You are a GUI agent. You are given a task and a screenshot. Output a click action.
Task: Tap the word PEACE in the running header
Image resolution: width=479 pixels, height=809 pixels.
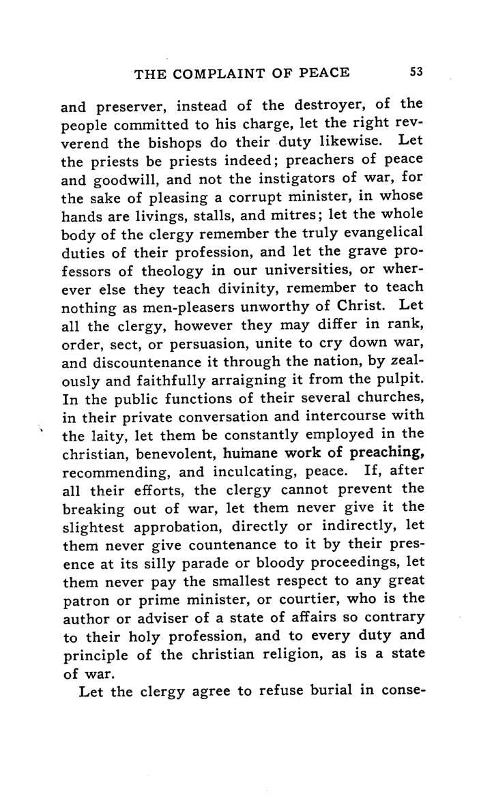(x=327, y=74)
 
